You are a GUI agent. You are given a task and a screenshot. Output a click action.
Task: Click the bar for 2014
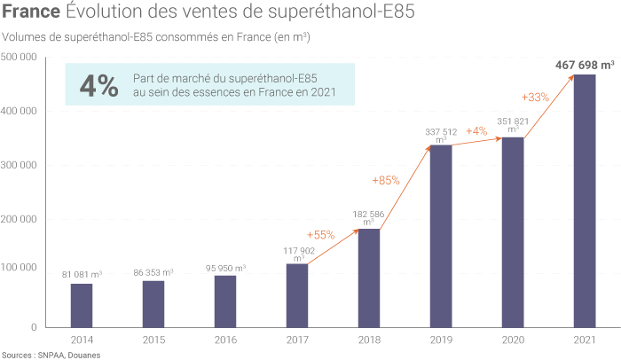[82, 305]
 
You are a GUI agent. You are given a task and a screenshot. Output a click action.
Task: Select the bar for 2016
[225, 301]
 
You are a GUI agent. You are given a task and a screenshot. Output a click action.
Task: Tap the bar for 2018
[369, 278]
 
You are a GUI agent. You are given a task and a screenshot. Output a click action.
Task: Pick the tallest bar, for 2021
[585, 200]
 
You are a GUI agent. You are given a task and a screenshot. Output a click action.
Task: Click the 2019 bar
[441, 236]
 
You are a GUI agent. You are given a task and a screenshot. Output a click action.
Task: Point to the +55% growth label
[320, 235]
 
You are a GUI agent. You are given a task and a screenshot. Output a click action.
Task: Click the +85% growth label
[385, 180]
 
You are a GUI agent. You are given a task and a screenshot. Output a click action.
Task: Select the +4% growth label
[478, 131]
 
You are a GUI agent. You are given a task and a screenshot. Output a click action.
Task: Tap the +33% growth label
[536, 97]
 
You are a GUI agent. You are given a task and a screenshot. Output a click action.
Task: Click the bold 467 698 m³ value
[585, 65]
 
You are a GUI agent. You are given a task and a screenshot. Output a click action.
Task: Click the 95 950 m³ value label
[225, 267]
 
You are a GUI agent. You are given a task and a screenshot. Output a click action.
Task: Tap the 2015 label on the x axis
[153, 340]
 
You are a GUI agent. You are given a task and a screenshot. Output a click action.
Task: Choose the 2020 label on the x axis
[513, 340]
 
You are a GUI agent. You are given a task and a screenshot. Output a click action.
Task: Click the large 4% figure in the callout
[98, 86]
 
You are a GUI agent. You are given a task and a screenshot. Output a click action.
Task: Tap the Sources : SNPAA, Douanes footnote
[51, 355]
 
